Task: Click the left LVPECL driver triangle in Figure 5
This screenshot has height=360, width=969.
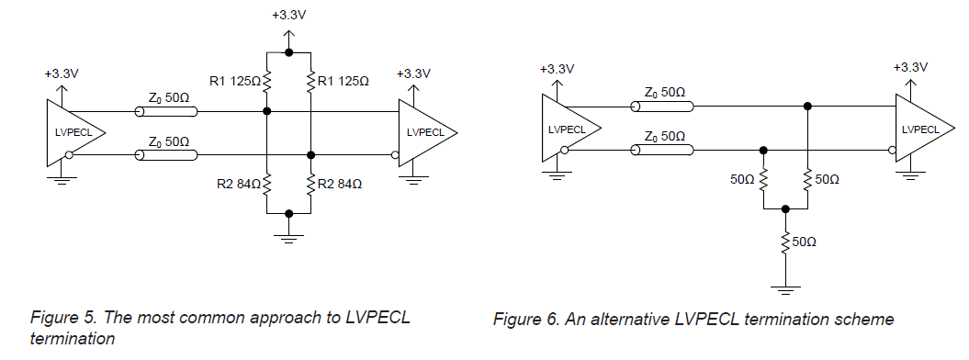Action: tap(73, 133)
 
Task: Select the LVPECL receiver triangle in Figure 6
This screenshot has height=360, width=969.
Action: tap(918, 129)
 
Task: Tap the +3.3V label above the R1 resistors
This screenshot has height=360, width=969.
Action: tap(289, 16)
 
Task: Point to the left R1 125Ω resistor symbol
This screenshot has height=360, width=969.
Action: tap(266, 82)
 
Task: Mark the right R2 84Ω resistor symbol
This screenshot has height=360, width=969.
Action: tap(311, 184)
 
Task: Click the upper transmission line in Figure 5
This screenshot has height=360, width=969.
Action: tap(167, 112)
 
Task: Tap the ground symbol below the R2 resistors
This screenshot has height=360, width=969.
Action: tap(289, 237)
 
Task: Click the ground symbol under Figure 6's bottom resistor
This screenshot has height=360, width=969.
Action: tap(784, 291)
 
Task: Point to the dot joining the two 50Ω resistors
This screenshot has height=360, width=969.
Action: tap(784, 208)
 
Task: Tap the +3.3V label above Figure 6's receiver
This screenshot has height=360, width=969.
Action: tap(910, 67)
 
